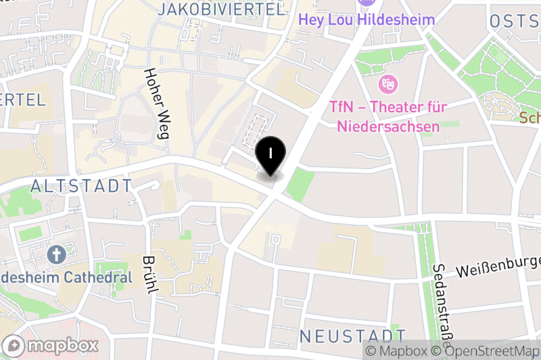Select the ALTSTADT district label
coord(81,185)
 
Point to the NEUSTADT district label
coord(352,336)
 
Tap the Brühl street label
coord(150,275)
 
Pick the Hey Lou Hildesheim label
coord(367,20)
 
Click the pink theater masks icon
coord(388,85)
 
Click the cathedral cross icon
coord(56,255)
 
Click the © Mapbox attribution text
coord(397,351)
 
